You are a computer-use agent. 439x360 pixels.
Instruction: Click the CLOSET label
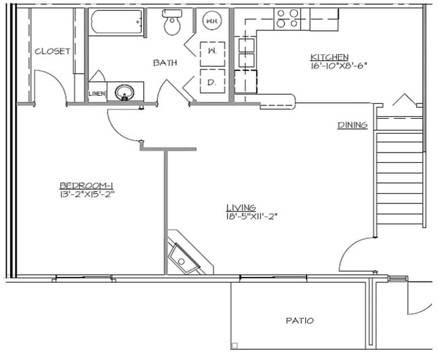coord(52,51)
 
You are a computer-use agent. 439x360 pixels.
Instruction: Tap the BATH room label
coord(165,63)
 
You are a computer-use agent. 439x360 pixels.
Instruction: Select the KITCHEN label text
coord(329,57)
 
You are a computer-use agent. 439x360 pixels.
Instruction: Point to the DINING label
coord(353,125)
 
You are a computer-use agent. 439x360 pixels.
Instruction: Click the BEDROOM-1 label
coord(86,186)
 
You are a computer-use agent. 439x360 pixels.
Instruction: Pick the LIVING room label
coord(241,207)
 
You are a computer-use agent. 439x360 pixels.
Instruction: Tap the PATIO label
coord(300,321)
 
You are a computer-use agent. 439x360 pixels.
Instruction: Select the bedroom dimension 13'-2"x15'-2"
coord(86,195)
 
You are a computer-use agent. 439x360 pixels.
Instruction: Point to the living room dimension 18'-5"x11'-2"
coord(253,217)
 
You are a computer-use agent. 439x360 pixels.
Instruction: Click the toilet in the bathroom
coord(174,24)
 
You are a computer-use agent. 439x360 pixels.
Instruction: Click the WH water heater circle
coord(211,21)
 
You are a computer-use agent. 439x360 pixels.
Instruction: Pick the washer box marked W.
coord(211,51)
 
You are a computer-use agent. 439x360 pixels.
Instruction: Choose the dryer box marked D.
coord(211,82)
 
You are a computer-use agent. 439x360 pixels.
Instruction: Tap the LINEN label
coord(97,93)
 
